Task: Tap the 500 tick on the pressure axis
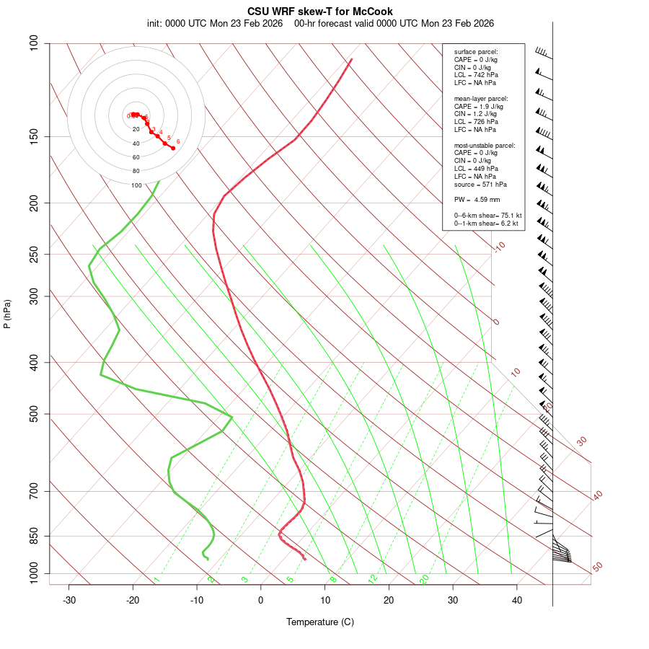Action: pos(34,414)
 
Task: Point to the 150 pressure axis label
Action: pos(34,136)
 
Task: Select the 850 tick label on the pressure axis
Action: pos(34,536)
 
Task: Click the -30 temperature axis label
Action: pos(69,600)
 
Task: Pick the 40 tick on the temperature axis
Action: pos(517,600)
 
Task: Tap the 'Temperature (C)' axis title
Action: pos(320,622)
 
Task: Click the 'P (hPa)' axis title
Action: pos(7,314)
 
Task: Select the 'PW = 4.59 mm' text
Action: pos(477,200)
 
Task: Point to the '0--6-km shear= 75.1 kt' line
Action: pos(487,216)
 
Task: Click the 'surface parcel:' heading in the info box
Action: pos(476,52)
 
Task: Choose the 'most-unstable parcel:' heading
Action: pos(485,145)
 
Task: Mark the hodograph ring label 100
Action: pos(136,185)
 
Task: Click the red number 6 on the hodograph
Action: pos(177,141)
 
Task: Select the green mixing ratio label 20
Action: pos(424,578)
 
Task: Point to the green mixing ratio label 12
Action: pos(373,578)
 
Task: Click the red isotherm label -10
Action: pos(499,247)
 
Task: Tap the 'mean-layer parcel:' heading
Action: pos(481,98)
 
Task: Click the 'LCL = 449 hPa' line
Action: pos(476,168)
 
